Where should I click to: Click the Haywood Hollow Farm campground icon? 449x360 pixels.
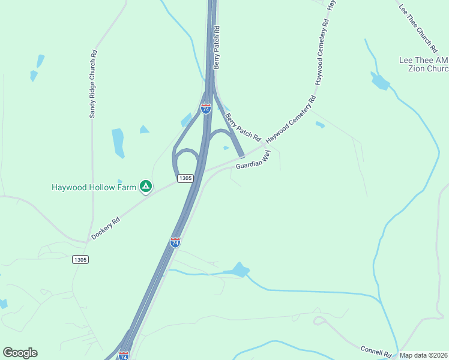(145, 187)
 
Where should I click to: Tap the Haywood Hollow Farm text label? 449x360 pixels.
(95, 187)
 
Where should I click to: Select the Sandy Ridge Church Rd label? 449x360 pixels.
(93, 83)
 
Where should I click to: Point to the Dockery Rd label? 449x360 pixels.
(106, 228)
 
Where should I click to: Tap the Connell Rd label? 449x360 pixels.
(376, 350)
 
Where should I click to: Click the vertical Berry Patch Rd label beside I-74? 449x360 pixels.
(217, 47)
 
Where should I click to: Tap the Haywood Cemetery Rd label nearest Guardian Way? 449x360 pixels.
(291, 120)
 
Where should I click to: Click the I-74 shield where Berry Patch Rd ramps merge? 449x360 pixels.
(206, 109)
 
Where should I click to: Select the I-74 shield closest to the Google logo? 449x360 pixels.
(124, 356)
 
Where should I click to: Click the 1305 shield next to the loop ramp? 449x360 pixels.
(185, 178)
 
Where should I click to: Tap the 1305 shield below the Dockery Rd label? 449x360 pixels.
(80, 259)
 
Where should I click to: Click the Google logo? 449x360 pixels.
(20, 353)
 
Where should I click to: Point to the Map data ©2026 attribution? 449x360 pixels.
(423, 355)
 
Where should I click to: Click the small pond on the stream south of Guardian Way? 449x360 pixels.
(239, 271)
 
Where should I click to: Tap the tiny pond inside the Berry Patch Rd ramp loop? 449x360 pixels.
(226, 148)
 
